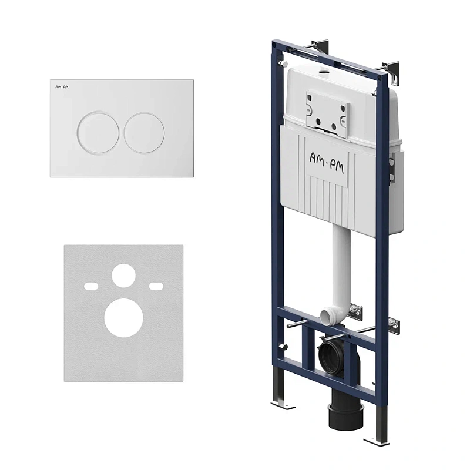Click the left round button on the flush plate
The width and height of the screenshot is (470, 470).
98,132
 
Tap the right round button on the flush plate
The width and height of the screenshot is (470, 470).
144,132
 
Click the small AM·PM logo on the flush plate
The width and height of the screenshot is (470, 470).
62,87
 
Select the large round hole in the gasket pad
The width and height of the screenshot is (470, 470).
123,318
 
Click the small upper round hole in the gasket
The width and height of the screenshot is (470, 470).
123,276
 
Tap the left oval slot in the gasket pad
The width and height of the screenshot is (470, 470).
91,286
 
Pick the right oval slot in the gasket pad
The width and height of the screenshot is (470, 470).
156,286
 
